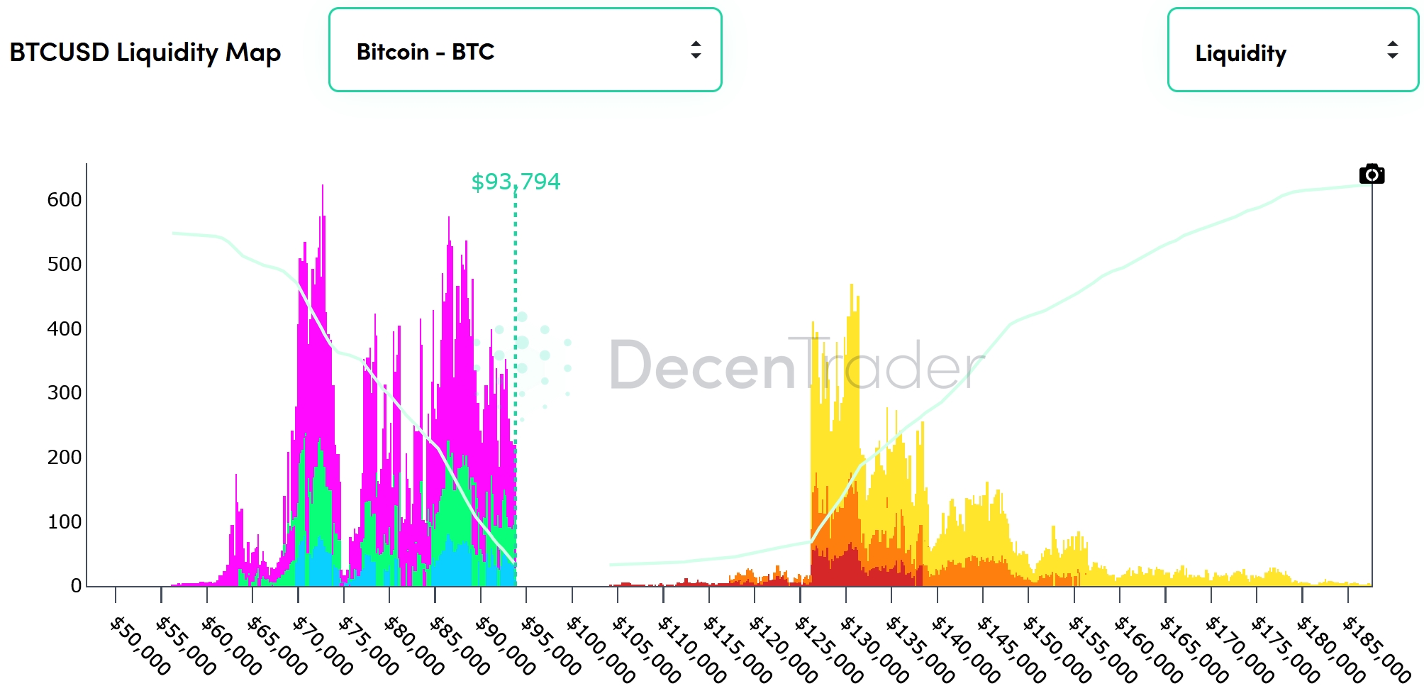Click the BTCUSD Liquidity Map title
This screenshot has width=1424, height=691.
pos(145,52)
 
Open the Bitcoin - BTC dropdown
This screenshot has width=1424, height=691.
pos(525,50)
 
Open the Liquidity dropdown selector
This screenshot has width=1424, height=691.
pos(1292,51)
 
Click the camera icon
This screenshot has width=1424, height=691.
pos(1372,175)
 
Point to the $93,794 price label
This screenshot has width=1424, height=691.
pos(516,182)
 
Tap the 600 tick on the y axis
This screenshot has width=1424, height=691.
pos(64,200)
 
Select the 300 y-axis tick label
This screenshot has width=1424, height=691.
pos(64,393)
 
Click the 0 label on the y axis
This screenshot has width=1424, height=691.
pos(76,586)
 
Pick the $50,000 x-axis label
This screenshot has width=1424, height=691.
pos(140,646)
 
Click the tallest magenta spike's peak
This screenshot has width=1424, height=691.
pos(323,187)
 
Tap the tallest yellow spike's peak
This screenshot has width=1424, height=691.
pos(852,286)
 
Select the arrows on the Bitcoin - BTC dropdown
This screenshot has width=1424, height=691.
pos(696,50)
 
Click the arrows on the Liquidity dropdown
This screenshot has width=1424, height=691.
pos(1392,50)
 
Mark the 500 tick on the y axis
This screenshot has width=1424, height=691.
pos(64,265)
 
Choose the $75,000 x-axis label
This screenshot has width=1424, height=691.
pos(369,646)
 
